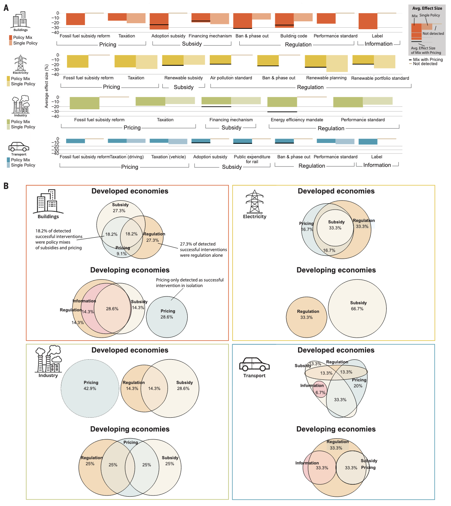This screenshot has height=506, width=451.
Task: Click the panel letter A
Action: (x=6, y=7)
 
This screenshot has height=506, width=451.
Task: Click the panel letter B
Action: (x=6, y=186)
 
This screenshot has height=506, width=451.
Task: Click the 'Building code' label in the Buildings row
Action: (x=294, y=36)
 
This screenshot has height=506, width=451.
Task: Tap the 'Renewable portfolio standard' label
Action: (x=380, y=78)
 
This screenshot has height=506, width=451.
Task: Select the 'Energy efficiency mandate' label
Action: (x=297, y=120)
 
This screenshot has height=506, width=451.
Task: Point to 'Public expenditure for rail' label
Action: (x=252, y=159)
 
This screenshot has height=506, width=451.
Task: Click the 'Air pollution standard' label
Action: (x=231, y=78)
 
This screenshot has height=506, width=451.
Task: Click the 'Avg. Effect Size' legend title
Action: (x=427, y=8)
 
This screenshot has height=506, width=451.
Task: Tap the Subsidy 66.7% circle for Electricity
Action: (x=357, y=309)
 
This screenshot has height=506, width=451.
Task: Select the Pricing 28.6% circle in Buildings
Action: (x=167, y=317)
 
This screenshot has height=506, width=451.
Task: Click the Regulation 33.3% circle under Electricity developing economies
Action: (x=307, y=317)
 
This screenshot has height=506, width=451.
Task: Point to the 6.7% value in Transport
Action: (x=320, y=393)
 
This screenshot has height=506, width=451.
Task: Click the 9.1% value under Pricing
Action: (x=122, y=254)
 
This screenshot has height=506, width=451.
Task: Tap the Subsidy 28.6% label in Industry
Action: (x=184, y=385)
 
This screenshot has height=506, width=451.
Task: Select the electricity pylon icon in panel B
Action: (x=254, y=202)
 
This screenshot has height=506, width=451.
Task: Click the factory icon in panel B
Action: (x=48, y=359)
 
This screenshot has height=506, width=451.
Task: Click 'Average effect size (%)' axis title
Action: (x=47, y=86)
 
